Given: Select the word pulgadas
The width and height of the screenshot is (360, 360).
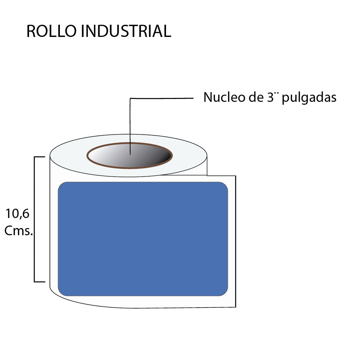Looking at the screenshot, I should pyautogui.click(x=309, y=98).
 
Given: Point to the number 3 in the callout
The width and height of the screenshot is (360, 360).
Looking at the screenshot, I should pyautogui.click(x=270, y=97).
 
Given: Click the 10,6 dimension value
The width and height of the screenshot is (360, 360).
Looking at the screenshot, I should pyautogui.click(x=17, y=214).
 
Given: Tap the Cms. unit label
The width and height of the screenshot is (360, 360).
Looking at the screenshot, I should pyautogui.click(x=19, y=231).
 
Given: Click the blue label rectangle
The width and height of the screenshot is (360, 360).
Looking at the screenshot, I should pyautogui.click(x=143, y=239).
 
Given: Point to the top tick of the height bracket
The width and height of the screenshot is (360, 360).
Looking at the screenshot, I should pyautogui.click(x=39, y=157).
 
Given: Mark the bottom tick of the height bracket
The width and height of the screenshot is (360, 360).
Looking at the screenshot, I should pyautogui.click(x=39, y=282).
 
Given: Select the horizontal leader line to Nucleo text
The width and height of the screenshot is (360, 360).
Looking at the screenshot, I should pyautogui.click(x=161, y=98).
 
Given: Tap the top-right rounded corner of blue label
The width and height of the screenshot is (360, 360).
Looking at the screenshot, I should pyautogui.click(x=224, y=186).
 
